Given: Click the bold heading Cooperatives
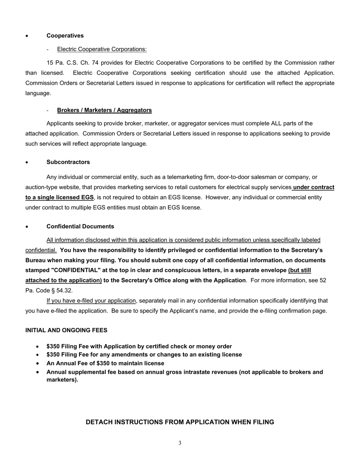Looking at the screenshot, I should [x=65, y=36].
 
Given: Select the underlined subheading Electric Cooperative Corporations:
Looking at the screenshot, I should [x=102, y=49].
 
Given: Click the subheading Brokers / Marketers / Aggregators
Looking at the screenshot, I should [x=104, y=110].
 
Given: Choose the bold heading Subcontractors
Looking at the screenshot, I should [x=68, y=162].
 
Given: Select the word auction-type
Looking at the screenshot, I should [x=42, y=187].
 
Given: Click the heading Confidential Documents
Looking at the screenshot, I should [x=80, y=227].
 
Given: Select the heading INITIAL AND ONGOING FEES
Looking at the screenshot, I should [x=66, y=330].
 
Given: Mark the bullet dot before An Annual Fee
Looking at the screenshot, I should [x=38, y=363].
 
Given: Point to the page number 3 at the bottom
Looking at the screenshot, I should [x=180, y=443].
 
